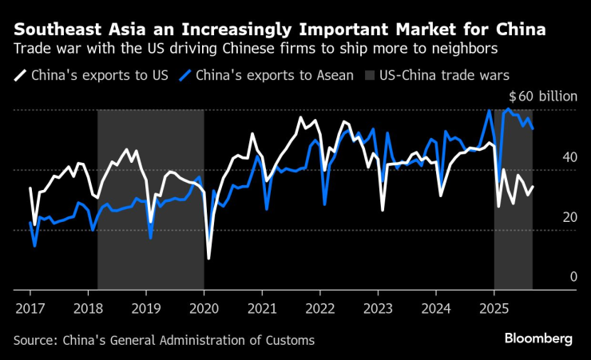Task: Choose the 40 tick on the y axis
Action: click(569, 157)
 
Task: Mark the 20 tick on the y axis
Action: click(569, 217)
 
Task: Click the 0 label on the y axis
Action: click(573, 277)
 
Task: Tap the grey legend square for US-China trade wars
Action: click(370, 77)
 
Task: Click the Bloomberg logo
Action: click(537, 339)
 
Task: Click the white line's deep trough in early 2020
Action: click(209, 259)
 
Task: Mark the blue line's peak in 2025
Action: click(509, 109)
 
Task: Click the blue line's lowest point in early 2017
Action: click(34, 246)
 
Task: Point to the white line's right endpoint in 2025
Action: click(533, 187)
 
